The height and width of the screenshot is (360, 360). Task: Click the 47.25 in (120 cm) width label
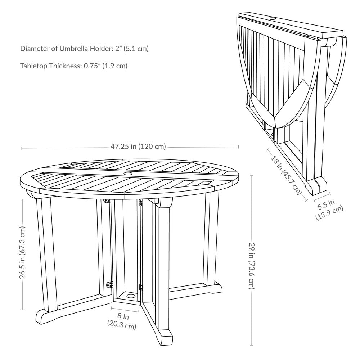[138, 147]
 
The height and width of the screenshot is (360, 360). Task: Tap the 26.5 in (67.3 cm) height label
[22, 253]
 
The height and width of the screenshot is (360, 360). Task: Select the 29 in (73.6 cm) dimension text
[252, 266]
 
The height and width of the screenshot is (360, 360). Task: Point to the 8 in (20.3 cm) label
[122, 321]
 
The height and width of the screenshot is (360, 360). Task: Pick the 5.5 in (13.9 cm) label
[328, 210]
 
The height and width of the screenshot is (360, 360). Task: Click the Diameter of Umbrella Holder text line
[84, 49]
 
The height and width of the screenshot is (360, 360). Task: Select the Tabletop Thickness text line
[74, 66]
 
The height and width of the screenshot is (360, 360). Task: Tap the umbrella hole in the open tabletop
[128, 174]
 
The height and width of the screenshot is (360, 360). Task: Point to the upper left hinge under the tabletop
[107, 201]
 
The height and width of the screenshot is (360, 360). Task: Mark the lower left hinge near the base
[110, 284]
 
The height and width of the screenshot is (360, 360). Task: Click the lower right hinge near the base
[141, 287]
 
